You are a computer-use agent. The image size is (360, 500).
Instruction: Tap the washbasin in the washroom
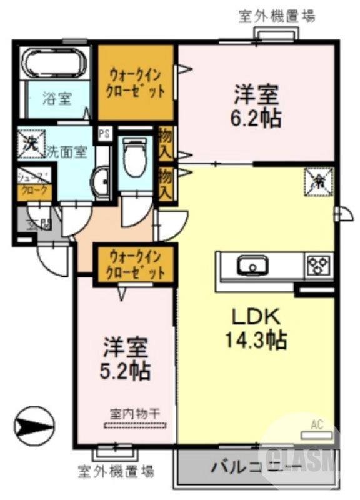click(100, 182)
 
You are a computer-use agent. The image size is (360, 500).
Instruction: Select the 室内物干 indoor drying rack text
click(135, 413)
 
